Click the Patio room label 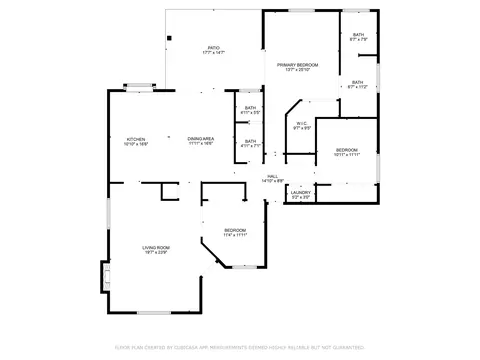213,47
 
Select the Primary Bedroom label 297,64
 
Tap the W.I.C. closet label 301,124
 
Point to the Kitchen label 136,139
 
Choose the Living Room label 154,247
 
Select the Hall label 272,177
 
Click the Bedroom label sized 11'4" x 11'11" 235,229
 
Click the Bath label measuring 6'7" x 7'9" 358,35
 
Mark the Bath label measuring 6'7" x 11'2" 357,82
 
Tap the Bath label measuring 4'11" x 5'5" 251,108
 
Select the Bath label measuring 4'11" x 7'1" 251,141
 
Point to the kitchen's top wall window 138,87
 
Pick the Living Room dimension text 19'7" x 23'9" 154,252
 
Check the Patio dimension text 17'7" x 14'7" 213,52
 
